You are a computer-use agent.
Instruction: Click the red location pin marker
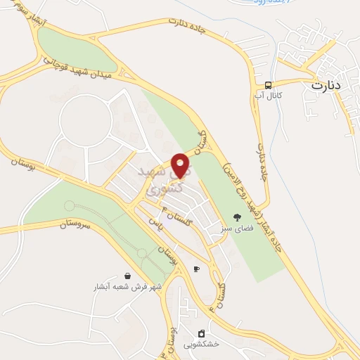coord(181,165)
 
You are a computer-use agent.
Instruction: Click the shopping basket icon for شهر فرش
coord(127,276)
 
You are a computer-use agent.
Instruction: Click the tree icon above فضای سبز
coord(236,217)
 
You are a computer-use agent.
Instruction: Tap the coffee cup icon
coord(196,269)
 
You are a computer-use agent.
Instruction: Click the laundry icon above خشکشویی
coord(201,333)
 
